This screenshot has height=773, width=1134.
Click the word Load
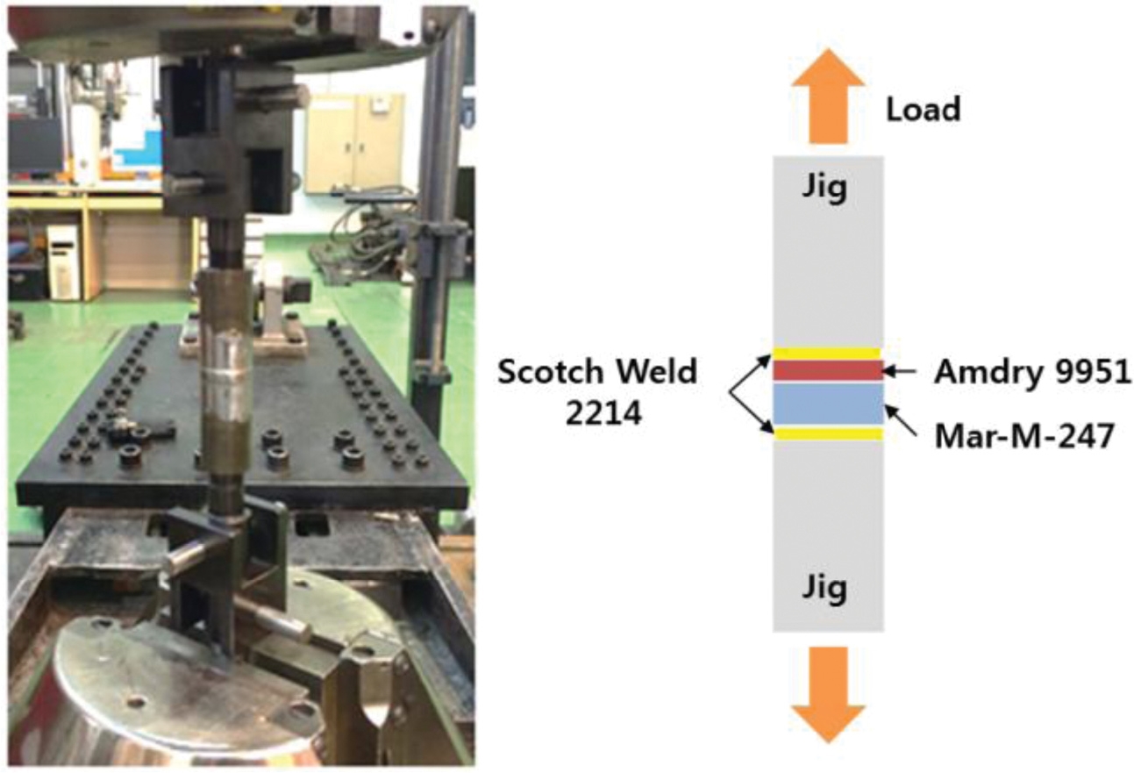pos(923,110)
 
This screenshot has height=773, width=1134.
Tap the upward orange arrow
pos(827,97)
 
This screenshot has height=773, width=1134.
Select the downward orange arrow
pos(827,693)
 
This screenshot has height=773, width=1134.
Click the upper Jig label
pos(827,189)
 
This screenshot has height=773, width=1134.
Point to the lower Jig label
pos(827,588)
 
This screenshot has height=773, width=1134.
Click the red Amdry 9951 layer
pos(827,370)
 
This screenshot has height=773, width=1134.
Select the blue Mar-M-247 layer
pos(827,404)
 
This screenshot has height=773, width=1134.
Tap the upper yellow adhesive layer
pos(827,354)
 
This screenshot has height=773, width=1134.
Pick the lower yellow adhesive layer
pos(827,433)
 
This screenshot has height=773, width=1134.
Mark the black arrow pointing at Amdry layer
pos(899,372)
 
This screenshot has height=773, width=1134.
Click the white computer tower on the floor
pos(64,261)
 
